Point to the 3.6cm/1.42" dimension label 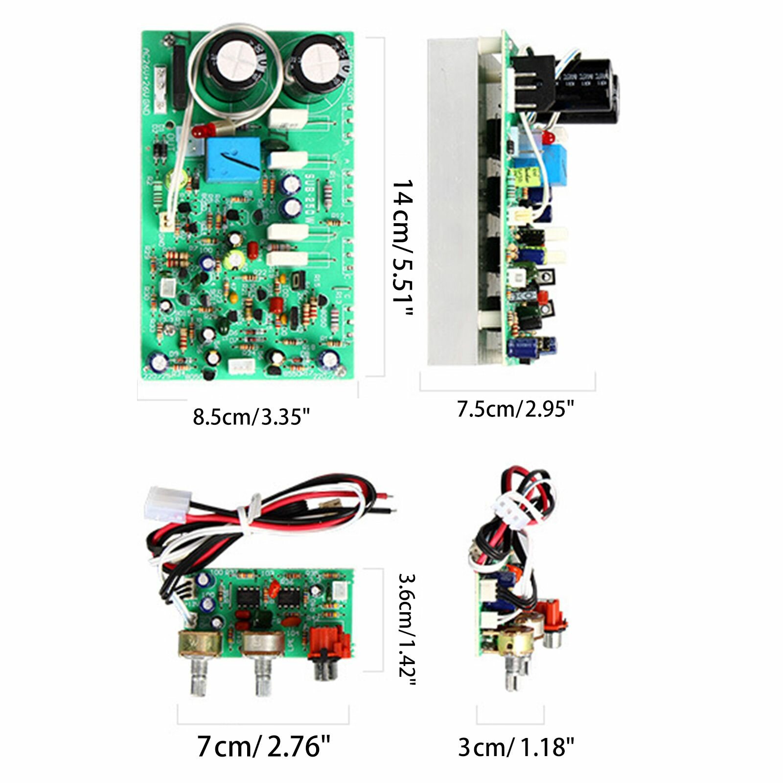pyautogui.click(x=406, y=631)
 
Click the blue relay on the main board pyautogui.click(x=233, y=160)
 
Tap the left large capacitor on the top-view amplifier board pyautogui.click(x=235, y=63)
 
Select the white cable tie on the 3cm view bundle pyautogui.click(x=509, y=509)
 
